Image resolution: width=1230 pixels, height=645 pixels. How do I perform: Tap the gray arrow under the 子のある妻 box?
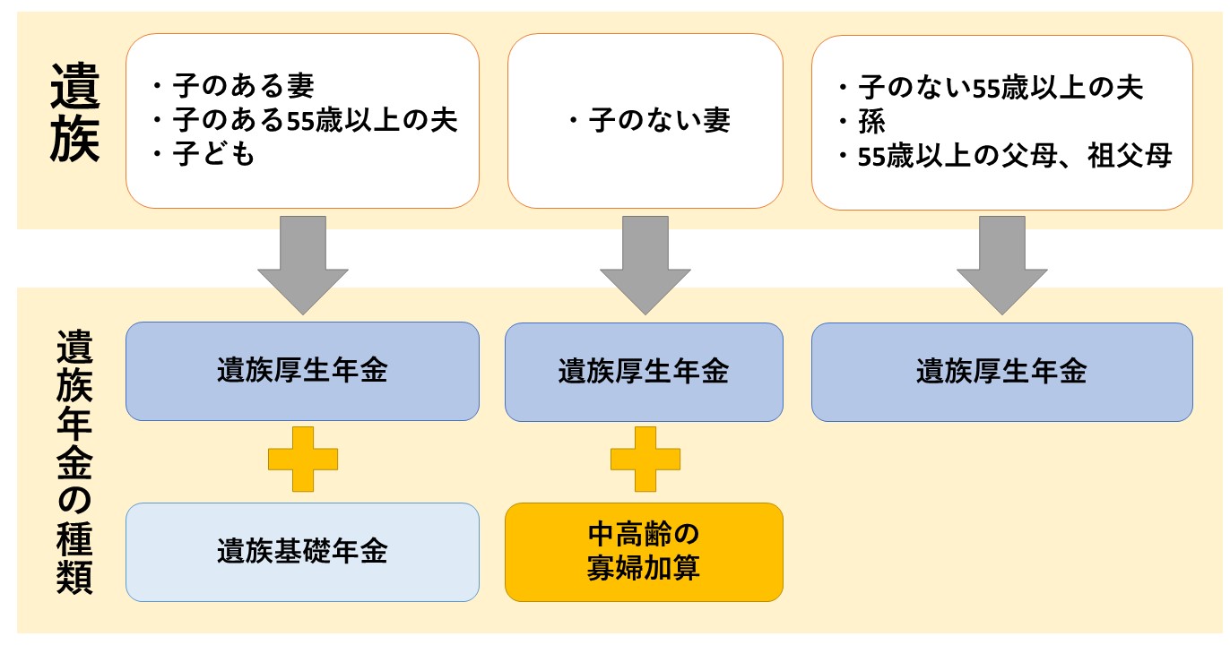click(x=302, y=263)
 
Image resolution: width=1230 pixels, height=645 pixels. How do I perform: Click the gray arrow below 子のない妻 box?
click(x=645, y=263)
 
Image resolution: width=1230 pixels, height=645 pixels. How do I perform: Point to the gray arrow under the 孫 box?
click(x=1001, y=263)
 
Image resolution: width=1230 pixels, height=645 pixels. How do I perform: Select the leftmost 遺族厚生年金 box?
click(x=302, y=371)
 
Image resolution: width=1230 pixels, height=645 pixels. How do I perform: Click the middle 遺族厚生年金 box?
click(x=644, y=371)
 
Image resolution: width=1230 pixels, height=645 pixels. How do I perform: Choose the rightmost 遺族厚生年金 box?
click(x=1001, y=371)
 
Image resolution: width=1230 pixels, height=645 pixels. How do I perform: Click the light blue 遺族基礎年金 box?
click(x=302, y=551)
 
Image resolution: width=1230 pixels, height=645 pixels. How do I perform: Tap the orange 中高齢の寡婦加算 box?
click(x=644, y=551)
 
